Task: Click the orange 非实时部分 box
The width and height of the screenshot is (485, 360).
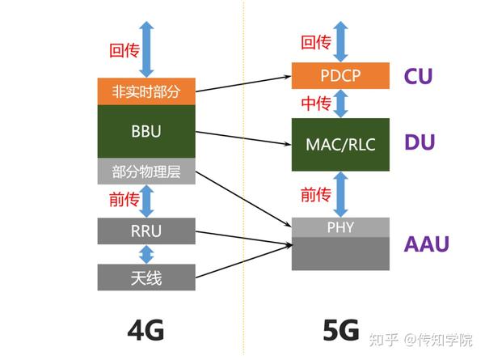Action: click(x=146, y=91)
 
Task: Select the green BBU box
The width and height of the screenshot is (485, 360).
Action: click(x=146, y=132)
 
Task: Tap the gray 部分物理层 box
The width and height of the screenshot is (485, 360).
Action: click(x=146, y=172)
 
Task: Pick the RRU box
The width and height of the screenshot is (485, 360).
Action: click(x=146, y=231)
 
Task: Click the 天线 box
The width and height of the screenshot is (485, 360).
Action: click(x=146, y=277)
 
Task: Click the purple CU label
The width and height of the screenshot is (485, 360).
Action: click(x=419, y=77)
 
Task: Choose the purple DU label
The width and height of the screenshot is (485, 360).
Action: click(x=420, y=142)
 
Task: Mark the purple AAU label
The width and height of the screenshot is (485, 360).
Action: click(x=428, y=244)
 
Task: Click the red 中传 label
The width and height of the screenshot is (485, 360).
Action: click(x=315, y=104)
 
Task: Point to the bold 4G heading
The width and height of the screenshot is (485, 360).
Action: click(x=145, y=330)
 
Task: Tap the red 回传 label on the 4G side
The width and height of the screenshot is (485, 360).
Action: click(x=124, y=50)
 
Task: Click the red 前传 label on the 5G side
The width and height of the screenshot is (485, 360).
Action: click(x=316, y=194)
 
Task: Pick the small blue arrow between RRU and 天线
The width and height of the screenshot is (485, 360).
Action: click(x=146, y=254)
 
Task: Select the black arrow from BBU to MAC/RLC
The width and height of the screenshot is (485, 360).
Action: click(x=242, y=138)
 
